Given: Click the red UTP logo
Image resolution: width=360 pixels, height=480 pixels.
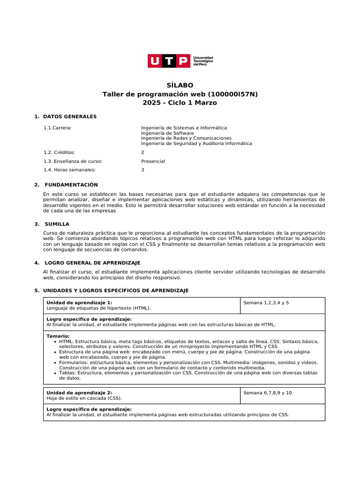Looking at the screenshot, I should pyautogui.click(x=169, y=61).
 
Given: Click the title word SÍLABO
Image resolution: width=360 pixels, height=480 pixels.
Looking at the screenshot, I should pyautogui.click(x=180, y=85).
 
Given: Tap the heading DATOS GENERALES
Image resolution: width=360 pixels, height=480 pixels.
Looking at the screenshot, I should pyautogui.click(x=70, y=116).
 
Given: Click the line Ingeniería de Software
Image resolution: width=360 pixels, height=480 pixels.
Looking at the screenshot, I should pyautogui.click(x=167, y=133).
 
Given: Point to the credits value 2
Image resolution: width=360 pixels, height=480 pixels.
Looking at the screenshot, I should pyautogui.click(x=142, y=152).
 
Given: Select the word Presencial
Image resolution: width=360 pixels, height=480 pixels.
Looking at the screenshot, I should pyautogui.click(x=153, y=161).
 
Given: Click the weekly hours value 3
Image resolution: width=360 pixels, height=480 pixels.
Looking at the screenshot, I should pyautogui.click(x=142, y=170).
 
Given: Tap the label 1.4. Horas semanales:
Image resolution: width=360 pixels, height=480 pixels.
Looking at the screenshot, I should pyautogui.click(x=69, y=170).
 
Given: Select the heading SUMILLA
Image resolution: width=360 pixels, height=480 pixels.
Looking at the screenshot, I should pyautogui.click(x=57, y=224).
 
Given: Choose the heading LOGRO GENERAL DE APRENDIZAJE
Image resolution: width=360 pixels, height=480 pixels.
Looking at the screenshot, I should pyautogui.click(x=91, y=263).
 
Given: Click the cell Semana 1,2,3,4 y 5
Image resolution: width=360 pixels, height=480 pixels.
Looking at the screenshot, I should pyautogui.click(x=266, y=303).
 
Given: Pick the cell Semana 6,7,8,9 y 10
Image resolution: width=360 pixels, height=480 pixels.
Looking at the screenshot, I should pyautogui.click(x=267, y=393).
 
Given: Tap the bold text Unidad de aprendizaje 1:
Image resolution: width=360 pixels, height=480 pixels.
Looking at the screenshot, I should pyautogui.click(x=79, y=303).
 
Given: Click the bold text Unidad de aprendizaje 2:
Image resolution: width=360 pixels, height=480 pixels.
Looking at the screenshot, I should pyautogui.click(x=79, y=393).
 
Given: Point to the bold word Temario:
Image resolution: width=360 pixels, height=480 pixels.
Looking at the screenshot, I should pyautogui.click(x=58, y=336).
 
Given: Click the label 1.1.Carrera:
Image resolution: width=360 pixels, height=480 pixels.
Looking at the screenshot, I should pyautogui.click(x=57, y=127).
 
